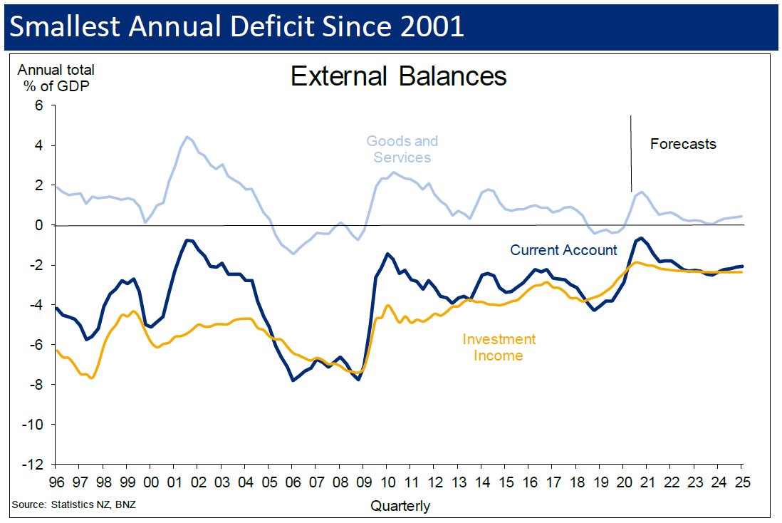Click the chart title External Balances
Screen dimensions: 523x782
click(x=398, y=76)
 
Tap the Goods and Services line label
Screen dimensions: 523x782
click(x=402, y=149)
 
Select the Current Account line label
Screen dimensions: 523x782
click(x=563, y=250)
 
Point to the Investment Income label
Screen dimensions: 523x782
click(x=499, y=347)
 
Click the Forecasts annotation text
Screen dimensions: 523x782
click(x=683, y=144)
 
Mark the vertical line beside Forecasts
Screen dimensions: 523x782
click(x=631, y=152)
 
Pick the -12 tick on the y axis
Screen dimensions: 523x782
click(x=33, y=465)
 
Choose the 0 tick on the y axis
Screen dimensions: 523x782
click(x=39, y=225)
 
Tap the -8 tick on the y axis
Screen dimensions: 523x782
click(x=36, y=385)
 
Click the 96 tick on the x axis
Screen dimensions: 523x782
click(x=57, y=481)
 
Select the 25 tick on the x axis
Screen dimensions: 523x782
click(x=741, y=481)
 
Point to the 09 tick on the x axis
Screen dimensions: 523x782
click(x=363, y=481)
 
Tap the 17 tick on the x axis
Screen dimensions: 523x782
click(x=552, y=481)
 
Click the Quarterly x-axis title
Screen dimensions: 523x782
click(x=400, y=506)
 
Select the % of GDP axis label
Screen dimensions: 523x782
click(x=56, y=87)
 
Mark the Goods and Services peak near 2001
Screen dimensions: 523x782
click(x=187, y=137)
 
